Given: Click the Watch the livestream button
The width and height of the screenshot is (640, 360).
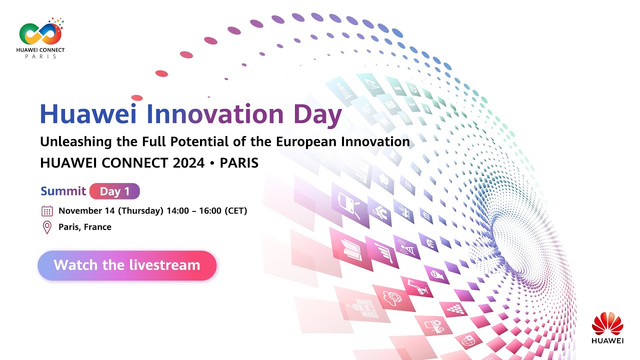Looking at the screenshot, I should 127,265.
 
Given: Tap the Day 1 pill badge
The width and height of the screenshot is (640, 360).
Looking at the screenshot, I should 114,191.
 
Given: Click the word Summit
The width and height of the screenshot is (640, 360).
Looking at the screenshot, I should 63,191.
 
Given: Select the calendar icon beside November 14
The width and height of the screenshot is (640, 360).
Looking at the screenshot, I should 47,211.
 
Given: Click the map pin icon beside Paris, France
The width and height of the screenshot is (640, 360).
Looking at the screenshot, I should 47,227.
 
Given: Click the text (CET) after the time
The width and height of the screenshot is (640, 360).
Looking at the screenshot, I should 235,211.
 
